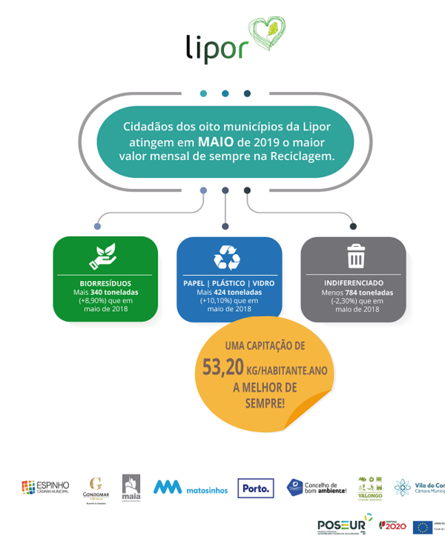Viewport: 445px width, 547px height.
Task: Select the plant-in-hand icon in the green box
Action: point(105,256)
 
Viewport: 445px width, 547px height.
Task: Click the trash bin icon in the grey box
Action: point(356,256)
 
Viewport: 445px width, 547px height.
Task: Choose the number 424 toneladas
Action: point(237,292)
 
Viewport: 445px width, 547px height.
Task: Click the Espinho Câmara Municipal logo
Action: point(45,487)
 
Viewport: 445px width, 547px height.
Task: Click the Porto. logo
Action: point(256,488)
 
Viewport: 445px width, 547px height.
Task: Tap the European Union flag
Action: point(423,527)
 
